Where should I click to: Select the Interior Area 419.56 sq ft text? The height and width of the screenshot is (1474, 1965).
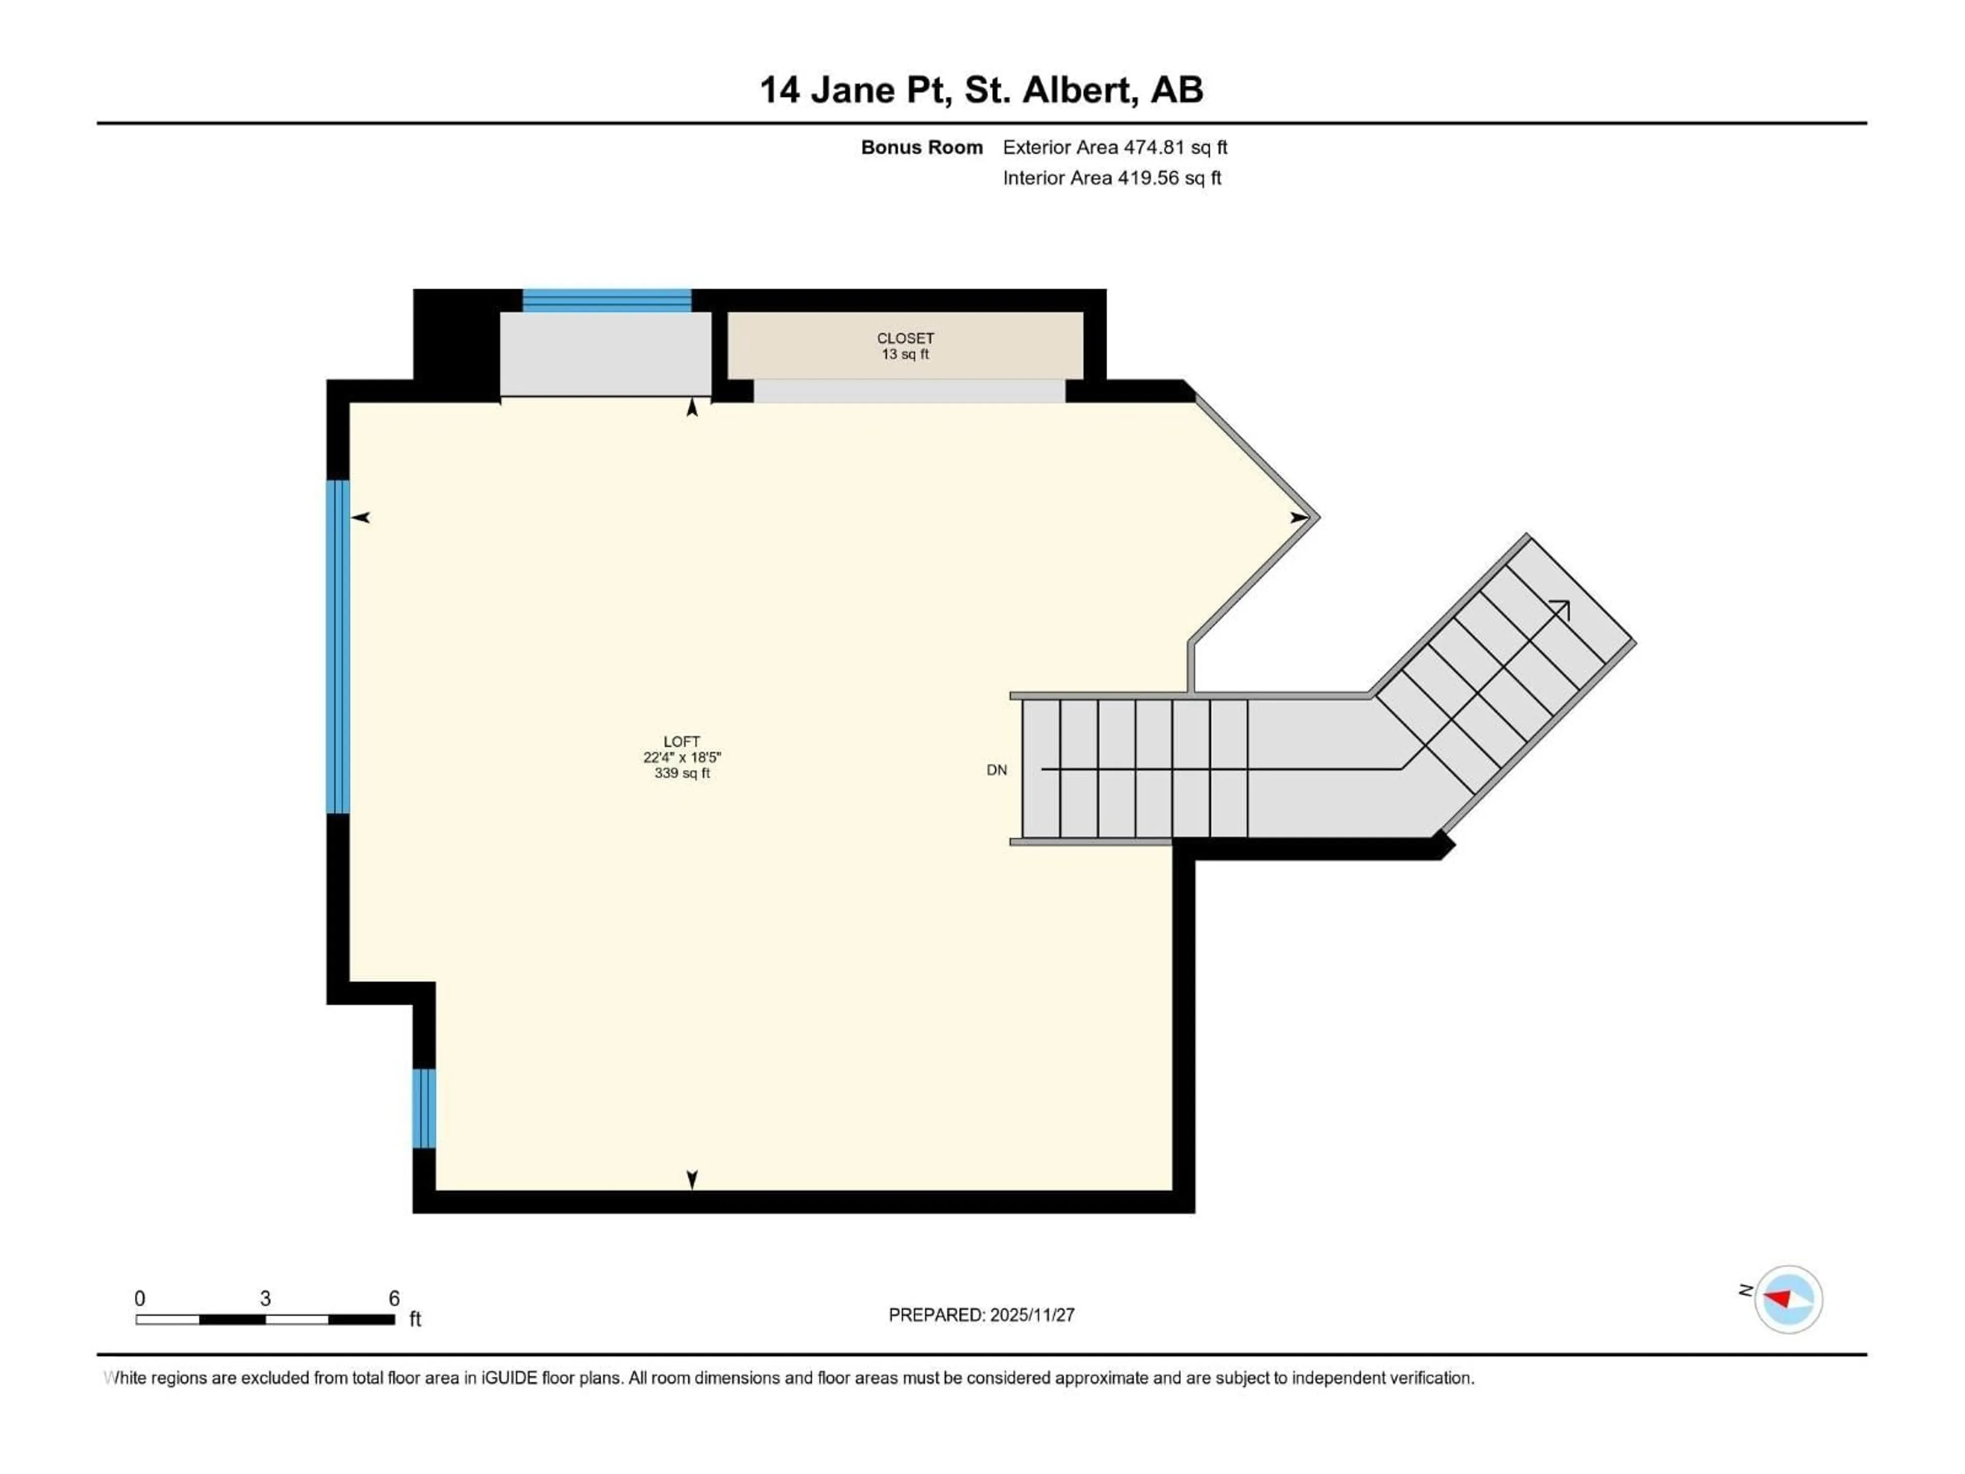pyautogui.click(x=1111, y=178)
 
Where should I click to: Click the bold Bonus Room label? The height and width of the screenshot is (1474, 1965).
pyautogui.click(x=921, y=147)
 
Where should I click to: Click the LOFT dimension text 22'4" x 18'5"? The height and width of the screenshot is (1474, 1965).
pyautogui.click(x=682, y=757)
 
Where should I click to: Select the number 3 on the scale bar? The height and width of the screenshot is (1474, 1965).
pyautogui.click(x=265, y=1298)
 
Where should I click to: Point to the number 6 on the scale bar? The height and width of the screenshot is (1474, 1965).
pyautogui.click(x=394, y=1298)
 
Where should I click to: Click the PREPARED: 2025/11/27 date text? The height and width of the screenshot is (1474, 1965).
pyautogui.click(x=981, y=1315)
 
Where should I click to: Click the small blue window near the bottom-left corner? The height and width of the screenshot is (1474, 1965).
pyautogui.click(x=425, y=1108)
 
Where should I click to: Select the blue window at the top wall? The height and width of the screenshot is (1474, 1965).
pyautogui.click(x=607, y=300)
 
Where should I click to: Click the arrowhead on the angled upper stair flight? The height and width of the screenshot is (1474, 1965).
pyautogui.click(x=1561, y=609)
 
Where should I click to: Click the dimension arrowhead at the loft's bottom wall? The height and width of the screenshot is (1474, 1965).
pyautogui.click(x=692, y=1179)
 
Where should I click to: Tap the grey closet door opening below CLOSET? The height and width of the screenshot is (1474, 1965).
pyautogui.click(x=909, y=391)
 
